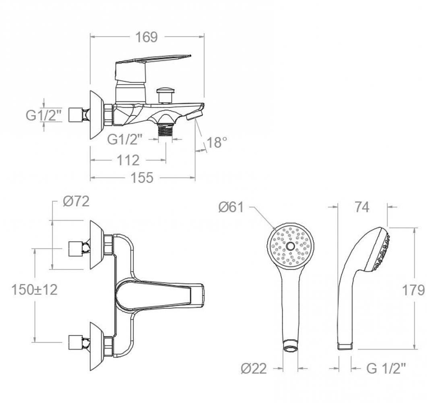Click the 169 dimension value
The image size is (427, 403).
pyautogui.click(x=146, y=37)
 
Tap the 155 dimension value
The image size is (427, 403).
pyautogui.click(x=142, y=177)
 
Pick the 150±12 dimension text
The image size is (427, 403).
pyautogui.click(x=34, y=290)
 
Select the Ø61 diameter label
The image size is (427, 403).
pyautogui.click(x=231, y=207)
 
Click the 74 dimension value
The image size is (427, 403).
pyautogui.click(x=362, y=207)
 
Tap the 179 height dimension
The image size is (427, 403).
pyautogui.click(x=413, y=290)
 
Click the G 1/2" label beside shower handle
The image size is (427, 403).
pyautogui.click(x=386, y=368)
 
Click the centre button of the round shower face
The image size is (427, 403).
pyautogui.click(x=291, y=247)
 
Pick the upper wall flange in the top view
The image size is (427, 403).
pyautogui.click(x=97, y=245)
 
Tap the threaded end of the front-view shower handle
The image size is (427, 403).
pyautogui.click(x=291, y=347)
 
